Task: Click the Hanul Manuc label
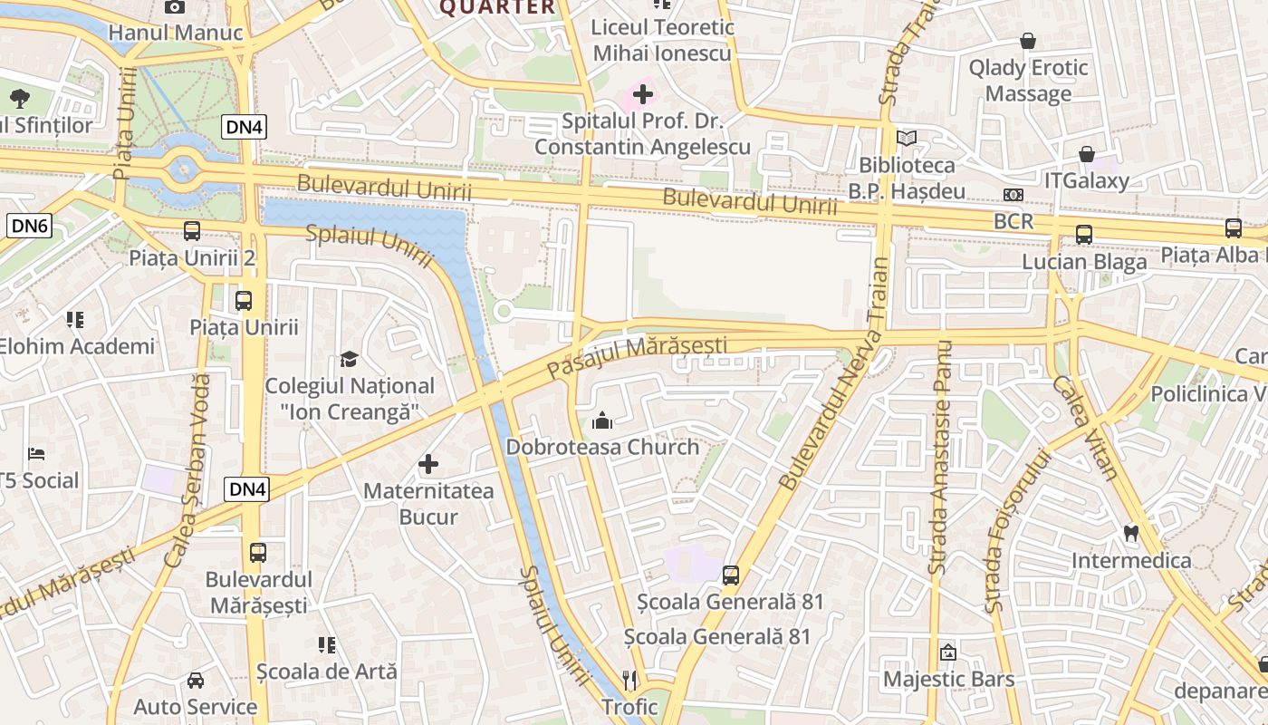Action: point(176,34)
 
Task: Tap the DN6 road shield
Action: point(29,226)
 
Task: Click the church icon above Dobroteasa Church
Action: point(602,420)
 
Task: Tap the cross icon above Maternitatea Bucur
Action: point(428,465)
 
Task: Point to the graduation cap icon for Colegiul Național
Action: point(349,360)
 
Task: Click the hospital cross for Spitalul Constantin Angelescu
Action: point(643,93)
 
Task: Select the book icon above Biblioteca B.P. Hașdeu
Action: point(907,139)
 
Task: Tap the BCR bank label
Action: point(1013,221)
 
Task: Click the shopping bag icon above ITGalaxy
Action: point(1086,154)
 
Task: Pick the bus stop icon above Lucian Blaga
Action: point(1084,235)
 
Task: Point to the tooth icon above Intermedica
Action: point(1130,533)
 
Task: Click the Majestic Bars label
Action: point(948,679)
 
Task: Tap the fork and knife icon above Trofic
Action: point(630,680)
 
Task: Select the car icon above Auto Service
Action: point(196,680)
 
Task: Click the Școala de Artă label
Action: point(327,672)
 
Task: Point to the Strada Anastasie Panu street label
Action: point(939,458)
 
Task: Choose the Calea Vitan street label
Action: point(1084,427)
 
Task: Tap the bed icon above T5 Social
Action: point(36,453)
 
